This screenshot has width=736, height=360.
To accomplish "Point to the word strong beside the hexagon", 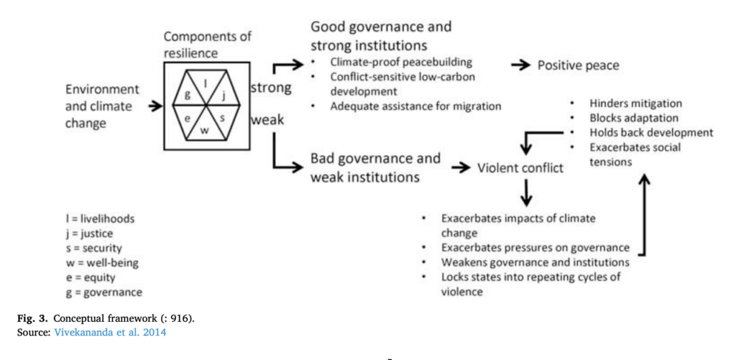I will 271,88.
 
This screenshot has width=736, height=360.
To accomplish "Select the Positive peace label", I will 578,65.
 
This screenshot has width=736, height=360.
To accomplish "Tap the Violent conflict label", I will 521,169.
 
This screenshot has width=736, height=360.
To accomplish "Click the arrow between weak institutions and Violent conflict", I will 461,168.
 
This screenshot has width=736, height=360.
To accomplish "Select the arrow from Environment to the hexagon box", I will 153,106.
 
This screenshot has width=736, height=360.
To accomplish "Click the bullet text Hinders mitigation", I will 635,103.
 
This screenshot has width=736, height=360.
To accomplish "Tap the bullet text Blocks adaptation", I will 632,118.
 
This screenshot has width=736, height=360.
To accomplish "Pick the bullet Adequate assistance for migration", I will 415,106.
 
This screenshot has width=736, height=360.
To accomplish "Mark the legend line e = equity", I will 90,277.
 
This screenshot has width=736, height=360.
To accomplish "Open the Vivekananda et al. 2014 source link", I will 110,331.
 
